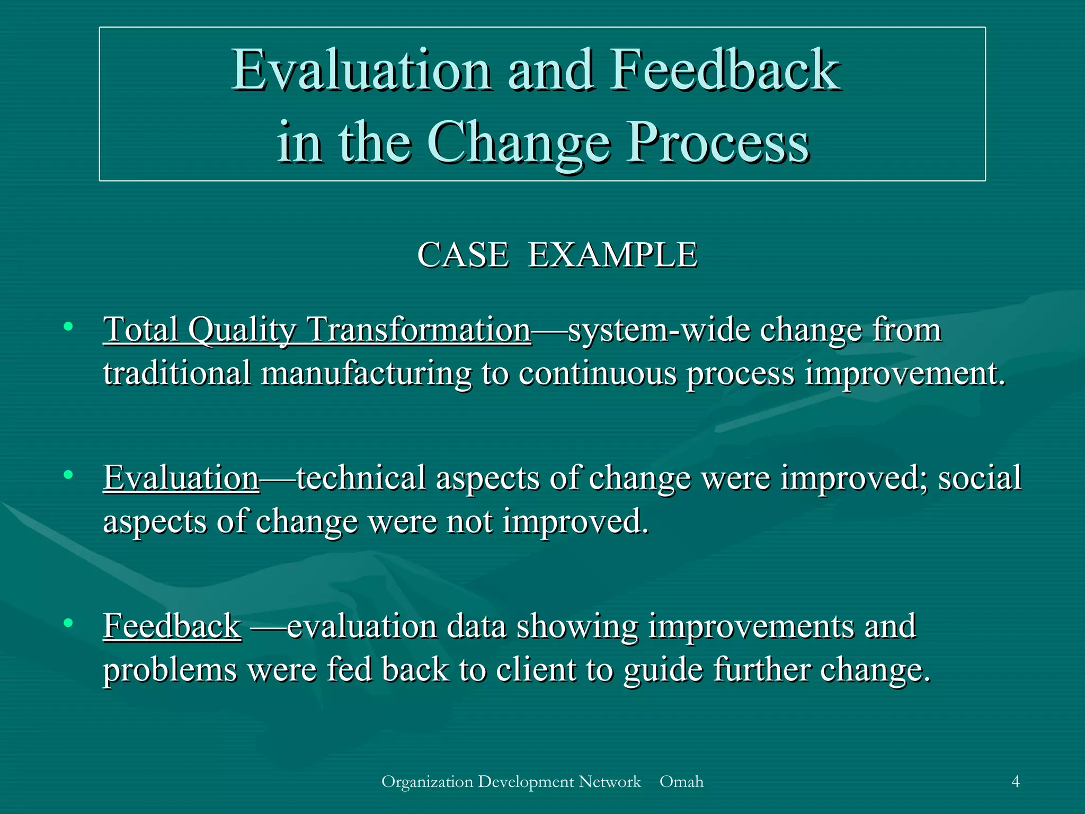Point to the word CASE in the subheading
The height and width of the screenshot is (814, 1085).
coord(463,255)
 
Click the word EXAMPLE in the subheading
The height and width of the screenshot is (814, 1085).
coord(612,255)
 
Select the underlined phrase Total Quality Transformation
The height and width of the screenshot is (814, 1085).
coord(317,330)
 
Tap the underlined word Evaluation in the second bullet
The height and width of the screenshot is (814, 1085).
coord(181,478)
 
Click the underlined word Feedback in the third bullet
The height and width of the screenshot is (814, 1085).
coord(172,626)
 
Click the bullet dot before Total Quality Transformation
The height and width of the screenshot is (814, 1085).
coord(68,326)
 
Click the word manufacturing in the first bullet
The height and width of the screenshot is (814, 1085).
coord(366,374)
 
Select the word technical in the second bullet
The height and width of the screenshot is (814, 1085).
coord(361,478)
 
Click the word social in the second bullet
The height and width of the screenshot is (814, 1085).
coord(980,478)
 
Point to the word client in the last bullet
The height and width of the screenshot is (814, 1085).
coord(536,670)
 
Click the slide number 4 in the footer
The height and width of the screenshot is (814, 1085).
coord(1015,782)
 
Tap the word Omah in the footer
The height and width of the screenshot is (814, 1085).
coord(681,782)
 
